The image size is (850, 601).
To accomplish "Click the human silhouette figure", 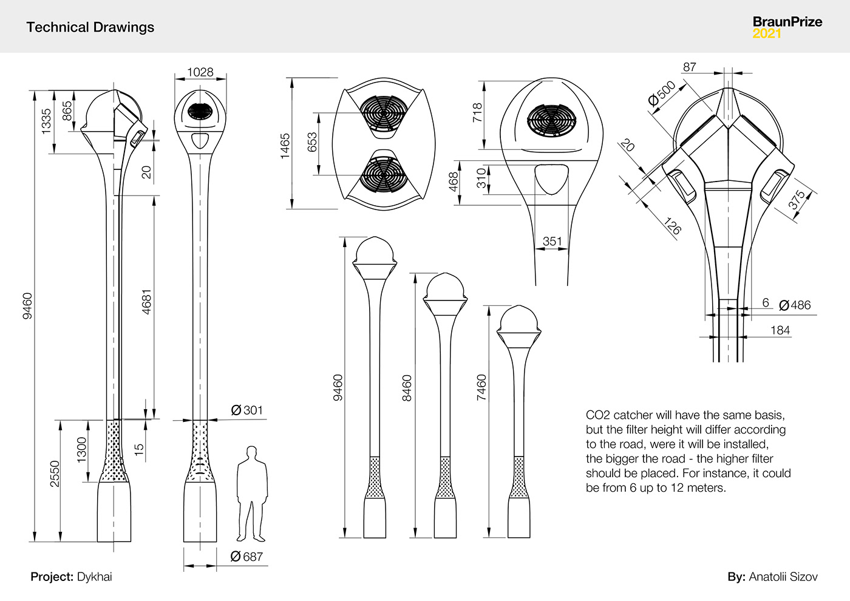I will [x=251, y=495].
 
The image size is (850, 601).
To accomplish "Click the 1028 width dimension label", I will [x=200, y=72].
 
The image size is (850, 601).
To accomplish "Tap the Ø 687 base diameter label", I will [x=246, y=556].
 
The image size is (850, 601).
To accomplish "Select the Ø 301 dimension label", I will [x=247, y=410].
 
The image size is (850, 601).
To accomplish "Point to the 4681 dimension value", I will [x=146, y=302].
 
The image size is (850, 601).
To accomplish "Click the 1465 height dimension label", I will [x=285, y=146].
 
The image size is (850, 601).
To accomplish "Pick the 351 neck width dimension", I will [x=552, y=242].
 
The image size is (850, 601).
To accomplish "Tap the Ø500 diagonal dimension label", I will [x=661, y=93].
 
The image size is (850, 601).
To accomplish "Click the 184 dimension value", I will [x=780, y=330].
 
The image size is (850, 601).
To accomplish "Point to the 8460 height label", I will [x=407, y=388].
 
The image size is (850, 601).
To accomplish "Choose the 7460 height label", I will [x=481, y=387].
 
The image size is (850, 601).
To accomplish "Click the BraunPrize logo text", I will [x=787, y=22].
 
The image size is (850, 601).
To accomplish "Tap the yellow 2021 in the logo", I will [x=767, y=34].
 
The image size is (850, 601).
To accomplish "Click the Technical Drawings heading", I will [x=90, y=27].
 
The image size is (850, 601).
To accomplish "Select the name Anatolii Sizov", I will [x=783, y=577].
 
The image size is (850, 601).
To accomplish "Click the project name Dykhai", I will [x=95, y=577].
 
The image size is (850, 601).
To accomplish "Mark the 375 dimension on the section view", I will [x=797, y=200].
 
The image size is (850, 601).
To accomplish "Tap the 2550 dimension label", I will [x=55, y=474].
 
